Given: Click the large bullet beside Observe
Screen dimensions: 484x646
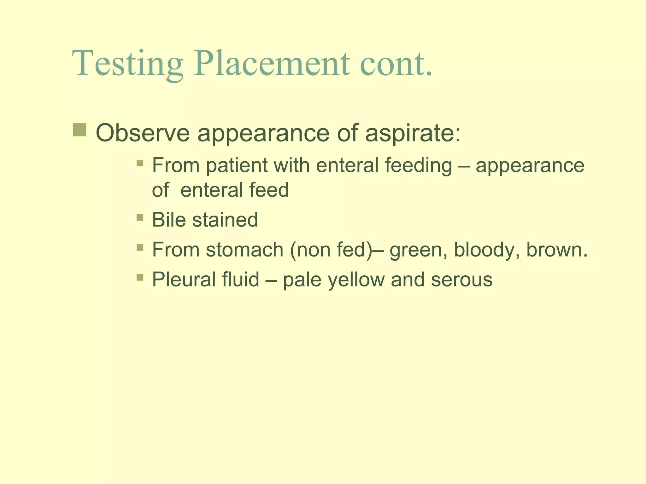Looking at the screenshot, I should [x=79, y=130].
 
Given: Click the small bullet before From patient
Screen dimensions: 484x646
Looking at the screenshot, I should [x=140, y=163].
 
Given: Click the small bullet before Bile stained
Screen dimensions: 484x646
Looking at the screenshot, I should [x=140, y=217].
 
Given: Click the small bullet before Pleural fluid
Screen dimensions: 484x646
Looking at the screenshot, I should [x=140, y=277].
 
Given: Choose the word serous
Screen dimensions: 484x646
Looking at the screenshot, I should [x=461, y=280].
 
